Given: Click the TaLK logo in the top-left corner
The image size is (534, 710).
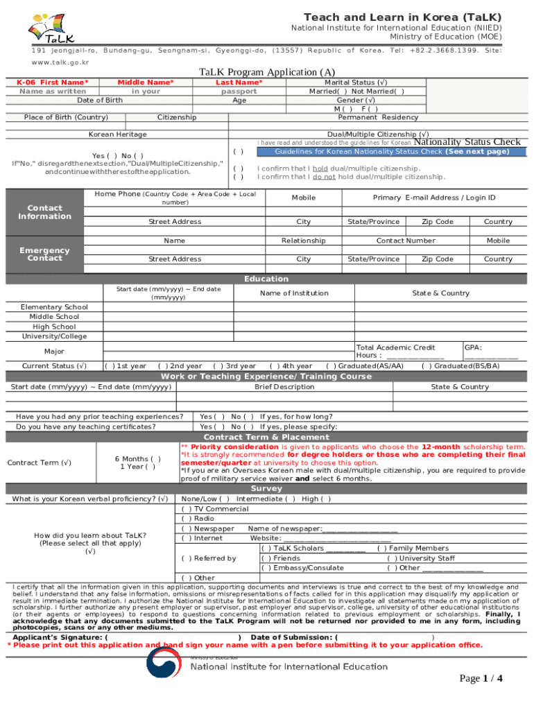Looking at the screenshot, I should click(x=51, y=29).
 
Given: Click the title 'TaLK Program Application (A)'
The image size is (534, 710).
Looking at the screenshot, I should click(x=266, y=72).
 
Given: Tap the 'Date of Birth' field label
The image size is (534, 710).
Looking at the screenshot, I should click(x=100, y=100).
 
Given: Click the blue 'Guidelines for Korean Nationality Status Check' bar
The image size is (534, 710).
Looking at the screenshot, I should click(x=392, y=152).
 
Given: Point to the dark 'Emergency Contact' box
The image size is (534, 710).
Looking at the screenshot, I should click(x=44, y=254).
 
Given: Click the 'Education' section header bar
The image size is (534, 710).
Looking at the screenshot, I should click(x=266, y=279).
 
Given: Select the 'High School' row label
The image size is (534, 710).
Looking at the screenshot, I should click(x=54, y=327).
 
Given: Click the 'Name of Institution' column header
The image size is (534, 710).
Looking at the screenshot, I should click(x=294, y=293).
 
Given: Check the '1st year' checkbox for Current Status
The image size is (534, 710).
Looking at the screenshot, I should click(x=109, y=366).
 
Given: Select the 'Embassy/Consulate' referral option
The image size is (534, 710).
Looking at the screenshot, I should click(x=266, y=568).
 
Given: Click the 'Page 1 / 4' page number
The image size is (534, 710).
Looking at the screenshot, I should click(x=481, y=678).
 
